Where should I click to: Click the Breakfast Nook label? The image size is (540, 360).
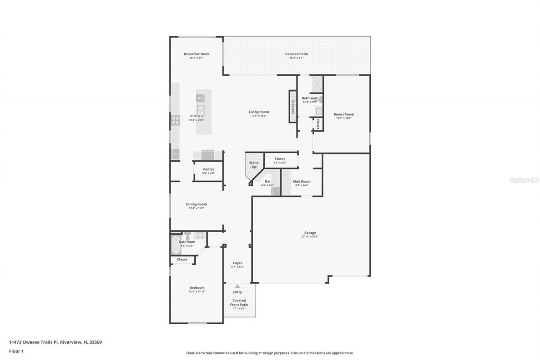pos(196,54)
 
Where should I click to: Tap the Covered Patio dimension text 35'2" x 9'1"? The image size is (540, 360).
pos(297,58)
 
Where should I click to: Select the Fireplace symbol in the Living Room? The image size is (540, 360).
pos(292,106)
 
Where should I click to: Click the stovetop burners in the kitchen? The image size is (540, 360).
pos(175,120)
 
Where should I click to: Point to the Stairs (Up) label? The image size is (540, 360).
pos(254,164)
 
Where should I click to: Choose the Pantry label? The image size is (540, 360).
pos(208,169)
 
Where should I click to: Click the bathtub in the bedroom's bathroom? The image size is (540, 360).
pos(175,245)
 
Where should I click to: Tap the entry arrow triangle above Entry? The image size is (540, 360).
pos(238,286)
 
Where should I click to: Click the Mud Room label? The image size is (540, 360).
pos(301,181)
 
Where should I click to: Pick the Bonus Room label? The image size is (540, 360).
pos(343,114)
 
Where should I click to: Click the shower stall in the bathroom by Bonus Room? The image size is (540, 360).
pos(316,84)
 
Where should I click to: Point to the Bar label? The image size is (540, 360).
pos(267,181)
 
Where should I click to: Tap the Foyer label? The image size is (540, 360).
pos(238,263)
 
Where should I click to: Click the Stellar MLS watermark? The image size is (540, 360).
pos(524,180)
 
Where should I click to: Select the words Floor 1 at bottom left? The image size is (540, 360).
pos(17,351)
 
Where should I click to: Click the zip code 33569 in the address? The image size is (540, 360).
pos(95,342)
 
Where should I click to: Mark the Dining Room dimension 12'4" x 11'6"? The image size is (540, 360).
pos(196,208)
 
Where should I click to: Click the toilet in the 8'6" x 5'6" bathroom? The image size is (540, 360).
pos(188,235)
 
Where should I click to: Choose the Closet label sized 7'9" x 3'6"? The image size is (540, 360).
pos(280,159)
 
